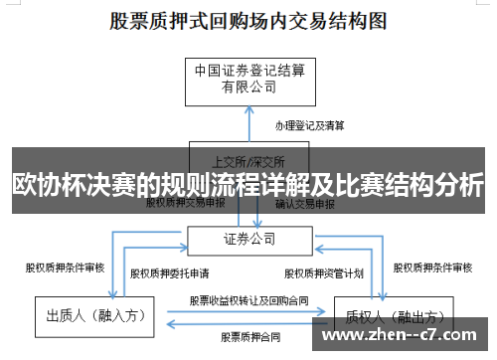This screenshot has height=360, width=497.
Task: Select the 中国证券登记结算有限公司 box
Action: tap(248, 79)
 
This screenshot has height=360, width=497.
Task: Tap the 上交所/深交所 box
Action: tap(248, 159)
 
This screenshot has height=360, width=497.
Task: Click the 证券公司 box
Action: tap(248, 239)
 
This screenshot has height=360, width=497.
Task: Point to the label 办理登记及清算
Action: tap(310, 125)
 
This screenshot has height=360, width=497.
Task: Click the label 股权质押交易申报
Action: tap(186, 202)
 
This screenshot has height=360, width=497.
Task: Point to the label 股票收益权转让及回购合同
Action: tap(248, 298)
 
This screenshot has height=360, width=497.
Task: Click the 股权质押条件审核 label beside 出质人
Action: tap(65, 267)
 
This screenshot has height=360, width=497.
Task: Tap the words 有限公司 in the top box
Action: tap(248, 87)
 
